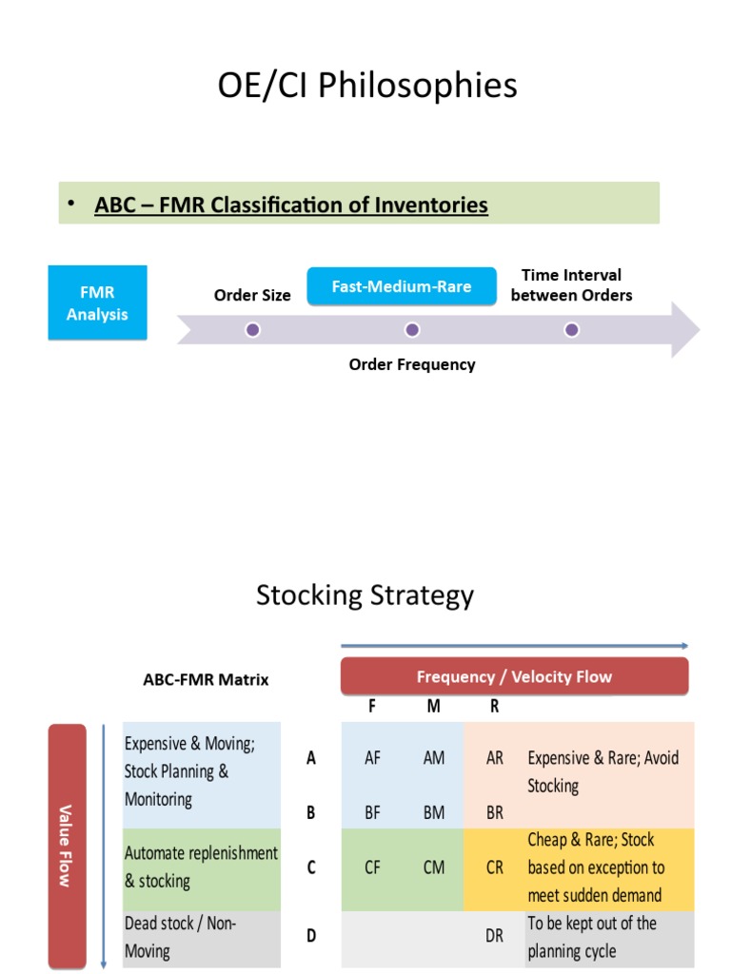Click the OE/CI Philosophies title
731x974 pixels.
366,86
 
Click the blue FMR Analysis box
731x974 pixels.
97,302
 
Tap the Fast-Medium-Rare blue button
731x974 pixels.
401,286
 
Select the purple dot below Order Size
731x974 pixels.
252,330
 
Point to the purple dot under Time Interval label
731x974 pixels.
571,330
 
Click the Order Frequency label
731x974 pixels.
411,364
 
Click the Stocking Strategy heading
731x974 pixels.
365,595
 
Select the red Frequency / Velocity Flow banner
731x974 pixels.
514,677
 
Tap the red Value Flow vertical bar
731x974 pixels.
66,845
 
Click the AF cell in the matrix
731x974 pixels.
373,758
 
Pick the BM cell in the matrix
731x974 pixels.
433,813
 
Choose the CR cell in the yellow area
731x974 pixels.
495,867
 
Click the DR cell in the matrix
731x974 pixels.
495,936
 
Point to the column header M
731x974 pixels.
433,708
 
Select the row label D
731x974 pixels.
311,936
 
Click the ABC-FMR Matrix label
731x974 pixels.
206,679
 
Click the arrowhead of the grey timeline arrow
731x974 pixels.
685,330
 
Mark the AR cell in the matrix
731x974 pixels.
495,758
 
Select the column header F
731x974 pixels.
372,708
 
